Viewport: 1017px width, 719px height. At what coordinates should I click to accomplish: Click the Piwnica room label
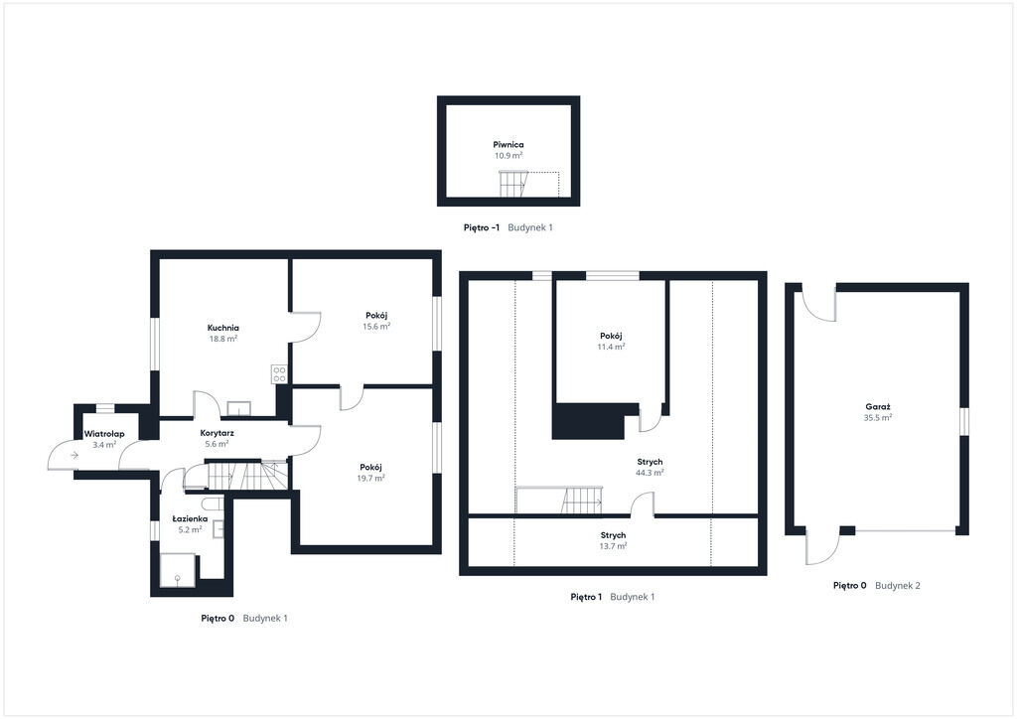point(508,145)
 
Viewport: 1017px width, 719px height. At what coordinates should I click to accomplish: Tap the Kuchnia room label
point(223,328)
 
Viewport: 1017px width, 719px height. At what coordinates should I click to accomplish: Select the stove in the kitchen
point(279,373)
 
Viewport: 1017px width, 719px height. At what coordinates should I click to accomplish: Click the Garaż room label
point(878,407)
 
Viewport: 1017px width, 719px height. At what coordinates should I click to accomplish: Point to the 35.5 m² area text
point(878,418)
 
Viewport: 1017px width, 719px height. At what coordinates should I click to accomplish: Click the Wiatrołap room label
point(104,434)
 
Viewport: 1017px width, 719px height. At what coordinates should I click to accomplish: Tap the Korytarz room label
point(218,432)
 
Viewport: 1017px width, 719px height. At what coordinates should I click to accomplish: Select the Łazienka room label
point(190,518)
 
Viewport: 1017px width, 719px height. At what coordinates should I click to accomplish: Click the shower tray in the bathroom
point(177,570)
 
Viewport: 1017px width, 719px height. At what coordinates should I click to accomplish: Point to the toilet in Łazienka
point(213,503)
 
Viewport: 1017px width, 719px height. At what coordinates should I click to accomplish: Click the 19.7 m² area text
point(370,478)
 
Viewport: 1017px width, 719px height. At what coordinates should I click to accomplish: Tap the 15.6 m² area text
point(376,326)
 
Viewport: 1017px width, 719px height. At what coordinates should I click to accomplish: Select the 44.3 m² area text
point(650,473)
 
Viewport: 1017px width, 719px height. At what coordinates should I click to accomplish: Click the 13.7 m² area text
point(613,546)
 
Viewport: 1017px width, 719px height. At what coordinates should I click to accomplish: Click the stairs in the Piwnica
point(513,184)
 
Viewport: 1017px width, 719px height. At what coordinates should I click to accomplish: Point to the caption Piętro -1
point(482,227)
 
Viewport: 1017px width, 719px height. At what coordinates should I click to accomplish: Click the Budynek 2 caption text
point(898,586)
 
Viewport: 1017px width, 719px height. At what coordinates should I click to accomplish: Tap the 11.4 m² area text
point(611,347)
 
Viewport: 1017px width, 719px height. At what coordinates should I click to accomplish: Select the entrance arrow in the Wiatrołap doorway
point(74,455)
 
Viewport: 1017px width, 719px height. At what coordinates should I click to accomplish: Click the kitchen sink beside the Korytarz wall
point(238,408)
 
